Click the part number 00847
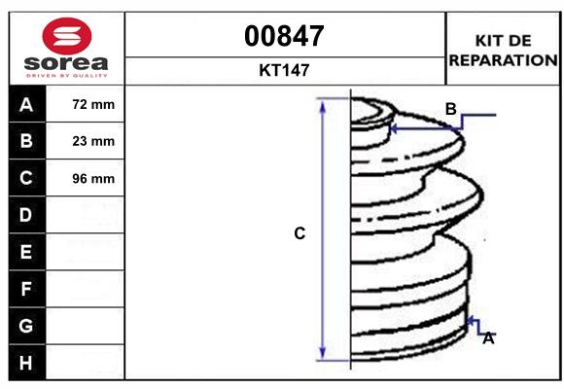(284, 36)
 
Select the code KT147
(284, 70)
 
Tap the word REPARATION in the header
(502, 59)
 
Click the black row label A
(26, 104)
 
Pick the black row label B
(26, 141)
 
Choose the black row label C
(26, 178)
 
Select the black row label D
(26, 215)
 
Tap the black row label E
(26, 252)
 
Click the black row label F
(26, 289)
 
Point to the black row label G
(26, 326)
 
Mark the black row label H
(26, 363)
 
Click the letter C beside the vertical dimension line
(300, 233)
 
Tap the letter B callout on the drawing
(450, 109)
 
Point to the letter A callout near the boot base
(488, 338)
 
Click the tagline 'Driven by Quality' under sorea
(67, 75)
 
